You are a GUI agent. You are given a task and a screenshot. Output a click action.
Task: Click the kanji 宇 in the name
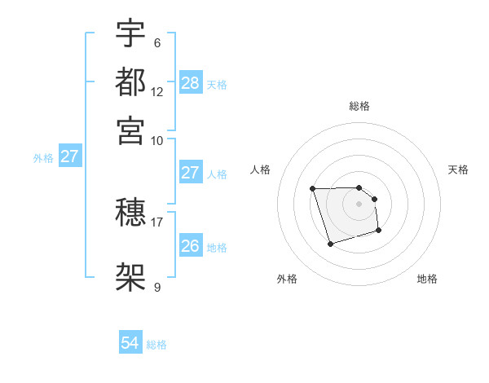[x=130, y=34]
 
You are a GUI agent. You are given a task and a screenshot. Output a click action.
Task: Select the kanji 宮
[x=130, y=130]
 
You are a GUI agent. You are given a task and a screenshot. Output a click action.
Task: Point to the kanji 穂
[x=130, y=214]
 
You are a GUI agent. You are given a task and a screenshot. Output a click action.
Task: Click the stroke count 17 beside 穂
[x=157, y=222]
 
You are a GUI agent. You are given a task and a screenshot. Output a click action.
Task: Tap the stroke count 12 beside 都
[x=157, y=91]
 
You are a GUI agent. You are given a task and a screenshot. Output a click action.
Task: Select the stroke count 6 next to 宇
[x=156, y=43]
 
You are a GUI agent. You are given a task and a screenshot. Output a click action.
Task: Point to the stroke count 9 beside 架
[x=156, y=286]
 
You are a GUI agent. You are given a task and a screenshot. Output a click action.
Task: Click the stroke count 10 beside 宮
[x=157, y=139]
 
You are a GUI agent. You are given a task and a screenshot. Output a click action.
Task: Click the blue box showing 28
[x=190, y=82]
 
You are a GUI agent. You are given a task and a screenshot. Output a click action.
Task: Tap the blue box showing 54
[x=130, y=344]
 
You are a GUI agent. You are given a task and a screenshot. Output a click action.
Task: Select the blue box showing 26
[x=190, y=246]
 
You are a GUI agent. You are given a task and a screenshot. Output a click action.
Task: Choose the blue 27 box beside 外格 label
[x=69, y=156]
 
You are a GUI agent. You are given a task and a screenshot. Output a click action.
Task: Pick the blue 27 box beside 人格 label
[x=190, y=173]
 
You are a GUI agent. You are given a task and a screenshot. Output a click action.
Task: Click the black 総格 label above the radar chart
[x=359, y=106]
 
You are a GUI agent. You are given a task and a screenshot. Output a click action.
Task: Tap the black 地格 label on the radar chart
[x=427, y=279]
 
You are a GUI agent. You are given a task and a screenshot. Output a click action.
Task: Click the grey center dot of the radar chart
[x=359, y=203]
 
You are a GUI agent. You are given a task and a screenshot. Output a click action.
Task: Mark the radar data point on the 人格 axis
[x=312, y=189]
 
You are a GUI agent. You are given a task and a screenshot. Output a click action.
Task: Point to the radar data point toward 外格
[x=330, y=244]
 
